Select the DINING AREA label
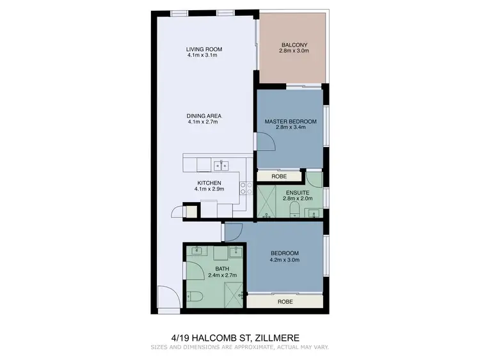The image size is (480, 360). [x=204, y=116]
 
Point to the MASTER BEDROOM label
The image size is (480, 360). [x=291, y=121]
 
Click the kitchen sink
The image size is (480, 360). [x=221, y=166]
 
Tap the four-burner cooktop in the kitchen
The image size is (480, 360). [x=244, y=187]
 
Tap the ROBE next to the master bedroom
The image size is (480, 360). [x=278, y=176]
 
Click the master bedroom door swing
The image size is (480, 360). [x=265, y=143]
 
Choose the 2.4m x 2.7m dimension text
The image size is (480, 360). [x=222, y=275]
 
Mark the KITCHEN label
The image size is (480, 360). [x=209, y=183]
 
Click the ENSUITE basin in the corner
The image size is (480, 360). [x=312, y=214]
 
